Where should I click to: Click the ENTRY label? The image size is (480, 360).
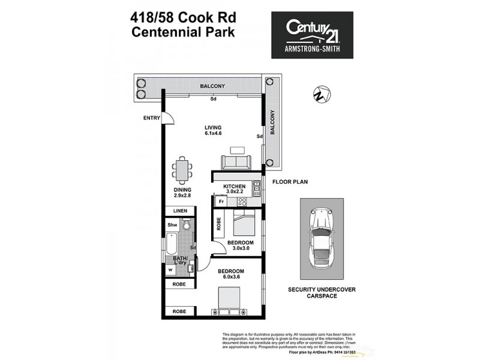[x=151, y=118]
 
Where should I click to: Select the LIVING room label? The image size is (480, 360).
[x=213, y=128]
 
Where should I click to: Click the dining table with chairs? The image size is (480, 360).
[x=182, y=171]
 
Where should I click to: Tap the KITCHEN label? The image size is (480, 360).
[x=234, y=187]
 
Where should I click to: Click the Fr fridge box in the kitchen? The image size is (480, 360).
[x=221, y=202]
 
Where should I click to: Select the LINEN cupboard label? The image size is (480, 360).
[x=181, y=211]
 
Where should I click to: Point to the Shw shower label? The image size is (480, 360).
[x=172, y=225]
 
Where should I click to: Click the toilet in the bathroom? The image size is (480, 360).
[x=187, y=225]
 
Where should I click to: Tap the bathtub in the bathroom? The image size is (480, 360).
[x=172, y=246]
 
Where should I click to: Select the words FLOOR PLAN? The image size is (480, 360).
[x=290, y=181]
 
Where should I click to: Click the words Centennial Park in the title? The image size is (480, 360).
[x=183, y=31]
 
